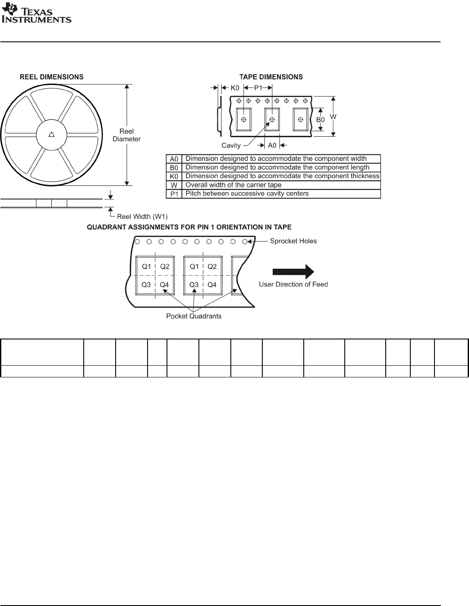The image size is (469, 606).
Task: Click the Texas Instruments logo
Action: pos(36,13)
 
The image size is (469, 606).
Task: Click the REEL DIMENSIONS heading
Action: pos(52,77)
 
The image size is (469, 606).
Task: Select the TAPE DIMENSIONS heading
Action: pos(271,77)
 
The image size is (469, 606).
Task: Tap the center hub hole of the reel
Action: pos(51,135)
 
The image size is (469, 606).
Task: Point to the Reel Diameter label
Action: pos(126,135)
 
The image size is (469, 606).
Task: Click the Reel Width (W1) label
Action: pos(142,217)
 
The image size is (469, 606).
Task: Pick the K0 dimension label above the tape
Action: pos(235,88)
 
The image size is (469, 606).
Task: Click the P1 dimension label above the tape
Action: pos(258,88)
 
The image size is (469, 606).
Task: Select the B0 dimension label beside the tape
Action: pos(321,119)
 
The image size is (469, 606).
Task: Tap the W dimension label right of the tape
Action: pos(333,116)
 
